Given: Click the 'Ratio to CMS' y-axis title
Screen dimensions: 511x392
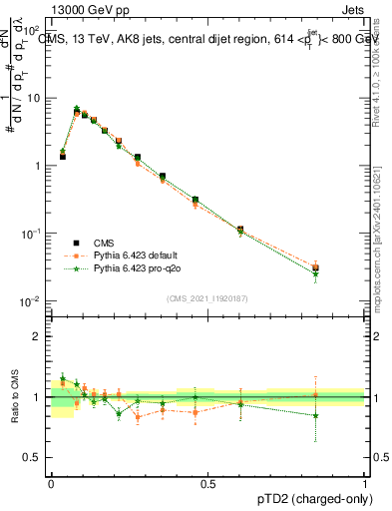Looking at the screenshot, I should tap(15, 397).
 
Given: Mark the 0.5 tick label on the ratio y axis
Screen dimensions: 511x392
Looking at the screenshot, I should tap(34, 458).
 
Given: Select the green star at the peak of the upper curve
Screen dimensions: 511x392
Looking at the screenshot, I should tap(77, 109).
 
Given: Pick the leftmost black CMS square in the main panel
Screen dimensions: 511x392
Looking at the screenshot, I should tap(62, 157).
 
